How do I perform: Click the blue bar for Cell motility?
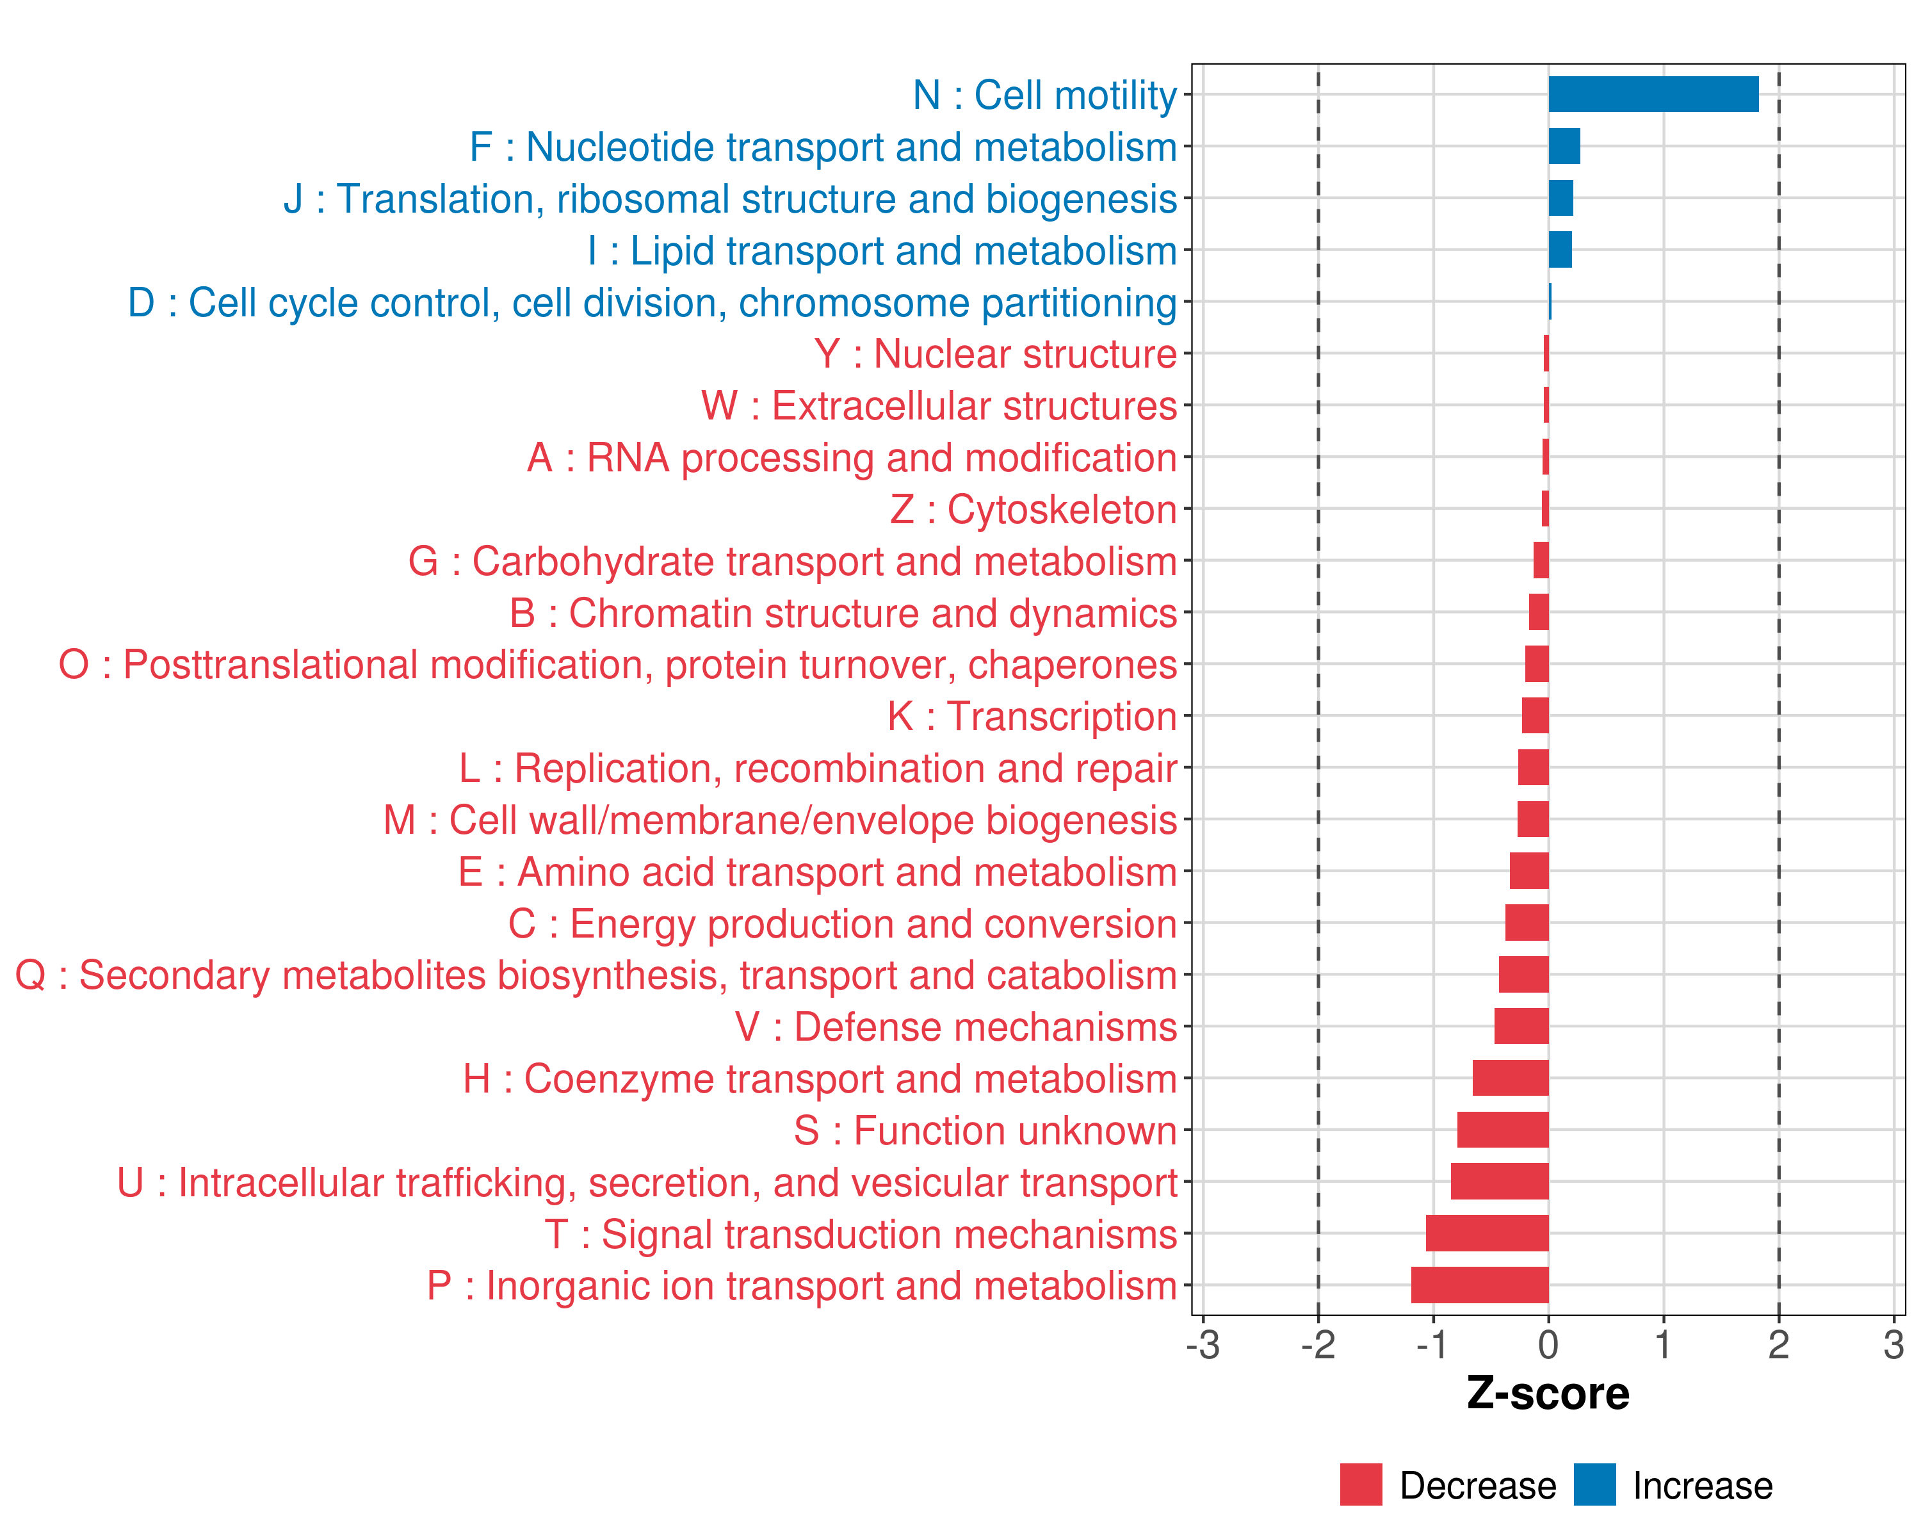(x=1653, y=94)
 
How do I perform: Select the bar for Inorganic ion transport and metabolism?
(x=1480, y=1285)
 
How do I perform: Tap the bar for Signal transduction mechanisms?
(x=1487, y=1233)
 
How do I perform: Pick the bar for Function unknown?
(x=1503, y=1130)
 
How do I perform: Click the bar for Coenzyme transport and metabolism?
(x=1511, y=1078)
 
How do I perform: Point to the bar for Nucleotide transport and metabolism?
(x=1564, y=146)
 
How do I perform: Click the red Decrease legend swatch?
(x=1361, y=1484)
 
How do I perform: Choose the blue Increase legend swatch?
(x=1594, y=1484)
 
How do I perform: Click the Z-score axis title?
(x=1548, y=1394)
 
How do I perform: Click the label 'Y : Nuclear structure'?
(x=995, y=354)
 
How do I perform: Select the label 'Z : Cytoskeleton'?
(x=1033, y=510)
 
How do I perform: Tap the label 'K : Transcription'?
(x=1032, y=717)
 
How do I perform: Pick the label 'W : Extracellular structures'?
(x=939, y=406)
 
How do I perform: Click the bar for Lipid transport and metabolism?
(x=1560, y=250)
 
